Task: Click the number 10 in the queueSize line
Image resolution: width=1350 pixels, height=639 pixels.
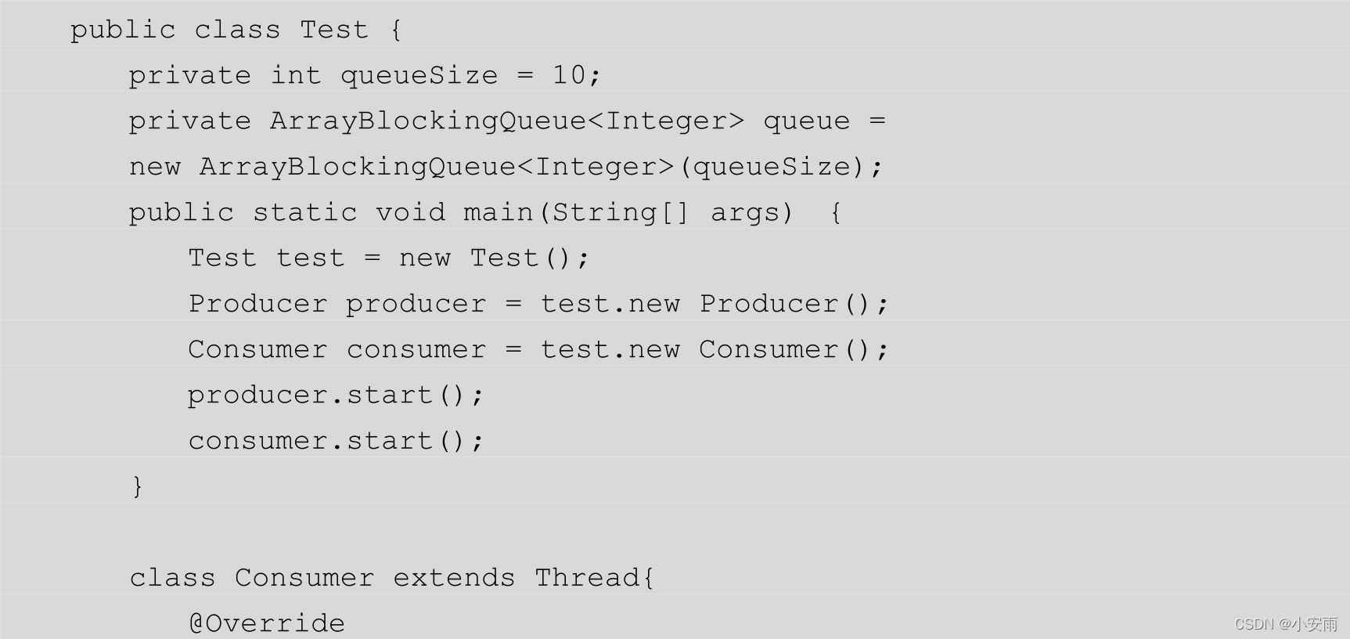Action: [568, 75]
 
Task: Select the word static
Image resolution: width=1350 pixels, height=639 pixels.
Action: [304, 212]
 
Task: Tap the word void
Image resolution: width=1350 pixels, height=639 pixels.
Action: [410, 212]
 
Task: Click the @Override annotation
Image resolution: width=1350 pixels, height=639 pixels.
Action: [267, 623]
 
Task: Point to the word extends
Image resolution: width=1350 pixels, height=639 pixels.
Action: [454, 578]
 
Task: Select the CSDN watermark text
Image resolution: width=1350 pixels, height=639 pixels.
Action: [1286, 624]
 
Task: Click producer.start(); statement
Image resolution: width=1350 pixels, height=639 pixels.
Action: [336, 395]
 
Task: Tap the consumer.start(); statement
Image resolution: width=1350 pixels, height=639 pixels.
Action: [336, 441]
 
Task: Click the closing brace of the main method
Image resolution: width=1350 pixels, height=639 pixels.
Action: [138, 486]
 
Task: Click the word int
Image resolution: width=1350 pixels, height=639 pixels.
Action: [296, 75]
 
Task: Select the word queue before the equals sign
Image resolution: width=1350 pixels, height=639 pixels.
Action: [806, 121]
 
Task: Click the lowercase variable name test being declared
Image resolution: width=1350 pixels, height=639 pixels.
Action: [311, 258]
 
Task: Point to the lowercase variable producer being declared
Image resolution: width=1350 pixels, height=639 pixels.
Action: [416, 304]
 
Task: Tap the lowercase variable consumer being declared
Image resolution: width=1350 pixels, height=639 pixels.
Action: [416, 349]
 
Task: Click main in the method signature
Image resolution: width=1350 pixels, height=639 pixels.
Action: [498, 212]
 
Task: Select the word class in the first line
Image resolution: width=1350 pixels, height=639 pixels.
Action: [237, 30]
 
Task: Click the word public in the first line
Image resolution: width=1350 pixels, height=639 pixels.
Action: [123, 30]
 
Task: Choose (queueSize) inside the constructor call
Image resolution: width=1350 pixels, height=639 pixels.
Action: [772, 167]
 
